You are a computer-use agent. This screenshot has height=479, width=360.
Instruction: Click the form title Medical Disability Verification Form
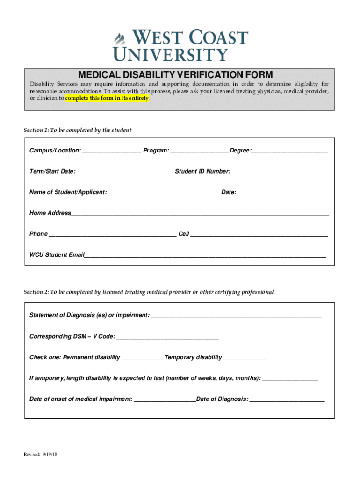[x=175, y=75]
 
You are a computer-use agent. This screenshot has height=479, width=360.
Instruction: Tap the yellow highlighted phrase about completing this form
[x=107, y=99]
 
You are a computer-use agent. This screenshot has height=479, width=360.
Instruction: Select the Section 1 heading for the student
[x=78, y=130]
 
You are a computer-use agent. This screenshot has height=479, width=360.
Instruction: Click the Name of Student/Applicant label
[x=68, y=192]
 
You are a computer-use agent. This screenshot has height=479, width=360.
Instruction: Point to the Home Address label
[x=50, y=213]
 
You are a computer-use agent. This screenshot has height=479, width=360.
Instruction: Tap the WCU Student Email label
[x=57, y=255]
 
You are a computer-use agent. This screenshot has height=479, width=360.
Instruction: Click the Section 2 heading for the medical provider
[x=149, y=292]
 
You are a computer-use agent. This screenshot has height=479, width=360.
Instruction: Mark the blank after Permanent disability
[x=143, y=358]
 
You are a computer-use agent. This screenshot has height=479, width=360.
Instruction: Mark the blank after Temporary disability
[x=245, y=358]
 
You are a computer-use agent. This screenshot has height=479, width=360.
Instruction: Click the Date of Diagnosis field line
[x=287, y=400]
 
